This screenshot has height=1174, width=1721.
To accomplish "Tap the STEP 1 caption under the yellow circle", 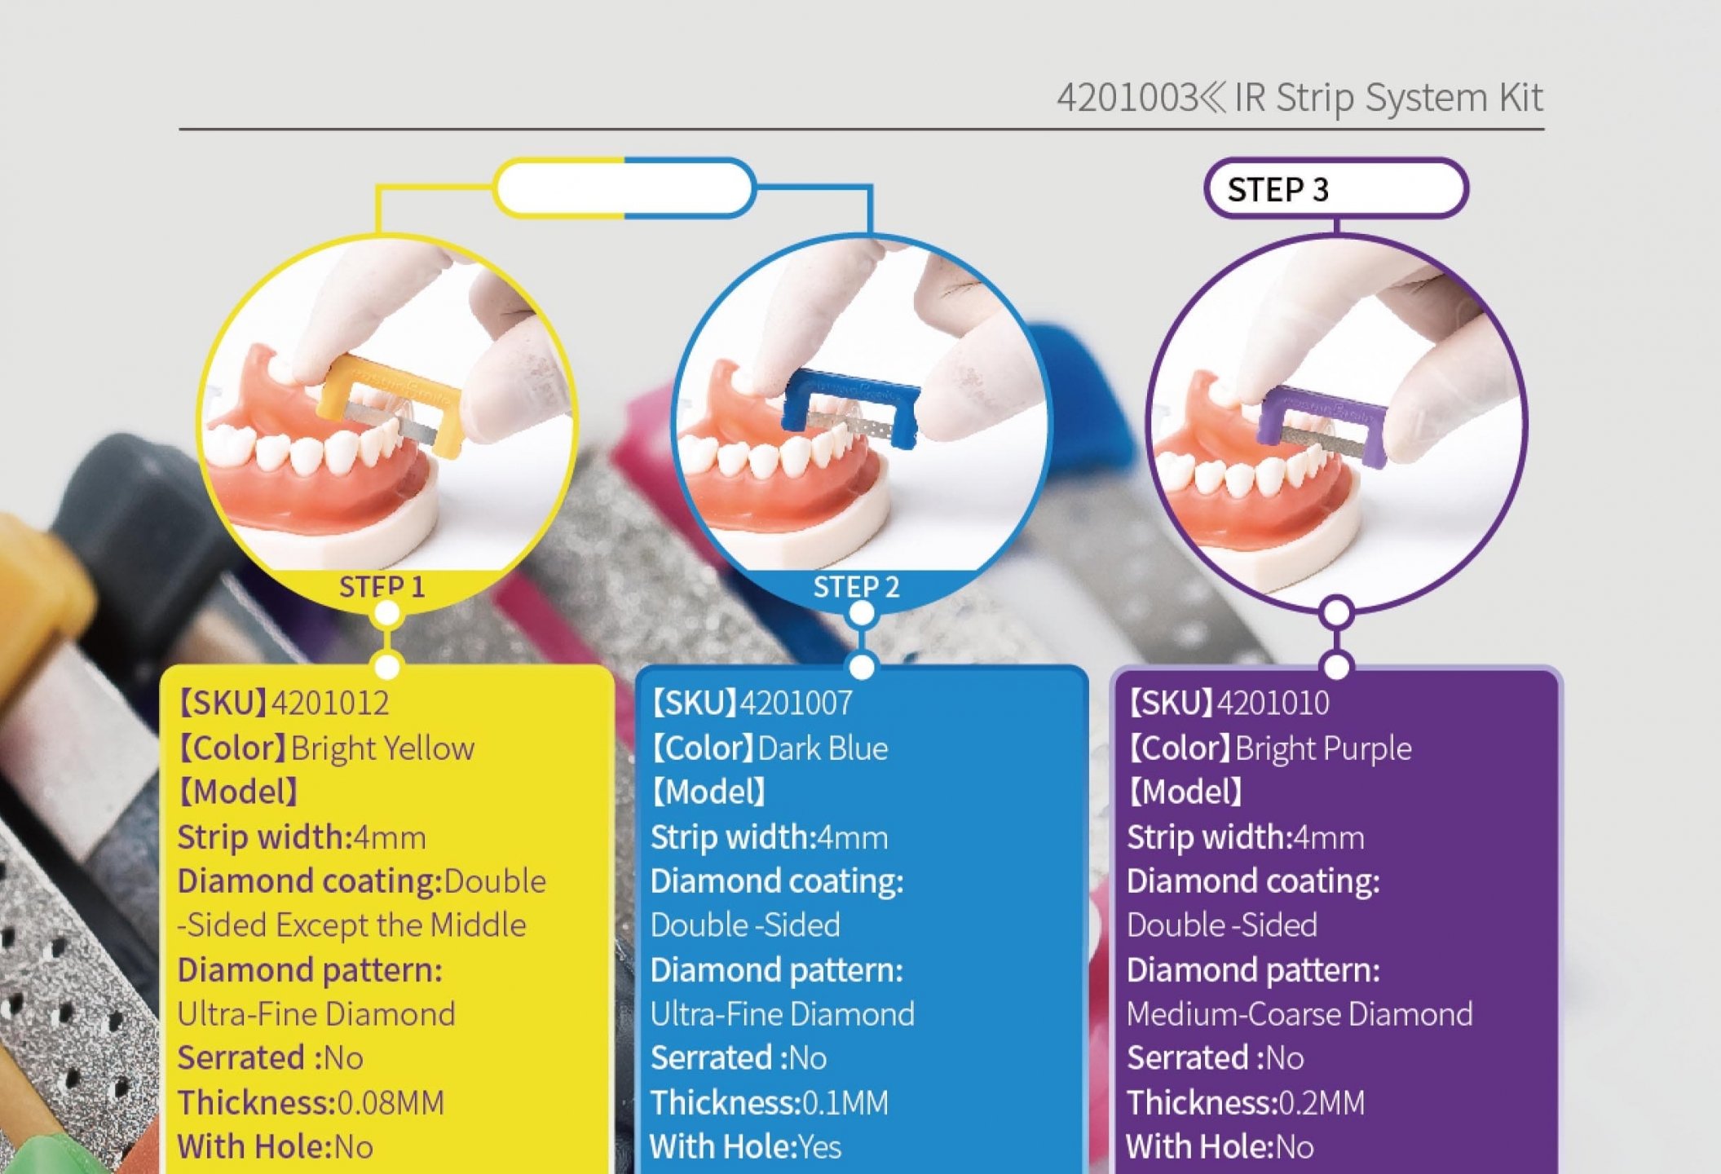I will tap(382, 586).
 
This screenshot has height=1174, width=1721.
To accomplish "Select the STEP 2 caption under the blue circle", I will tap(856, 586).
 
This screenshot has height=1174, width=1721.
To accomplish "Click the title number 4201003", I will tap(1127, 98).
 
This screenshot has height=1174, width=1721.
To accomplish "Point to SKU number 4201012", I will tap(330, 703).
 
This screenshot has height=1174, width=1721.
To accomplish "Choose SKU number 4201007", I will tap(797, 703).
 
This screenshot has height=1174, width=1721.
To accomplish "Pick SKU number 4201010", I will tap(1273, 703).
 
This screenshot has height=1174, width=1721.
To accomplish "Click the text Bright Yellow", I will tap(382, 748).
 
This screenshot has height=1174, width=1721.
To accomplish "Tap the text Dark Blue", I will tap(823, 748).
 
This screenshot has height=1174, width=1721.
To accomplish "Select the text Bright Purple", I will tap(1323, 748).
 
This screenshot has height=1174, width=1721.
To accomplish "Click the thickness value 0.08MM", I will tap(391, 1103).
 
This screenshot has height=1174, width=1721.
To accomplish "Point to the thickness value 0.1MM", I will tap(845, 1103).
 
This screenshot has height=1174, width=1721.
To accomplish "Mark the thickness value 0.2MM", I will tap(1322, 1103).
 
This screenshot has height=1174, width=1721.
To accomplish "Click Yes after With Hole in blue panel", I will tap(819, 1147).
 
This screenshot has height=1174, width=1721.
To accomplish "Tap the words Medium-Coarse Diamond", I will tap(1300, 1014).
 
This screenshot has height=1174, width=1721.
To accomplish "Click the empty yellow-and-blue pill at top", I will tap(624, 188).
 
